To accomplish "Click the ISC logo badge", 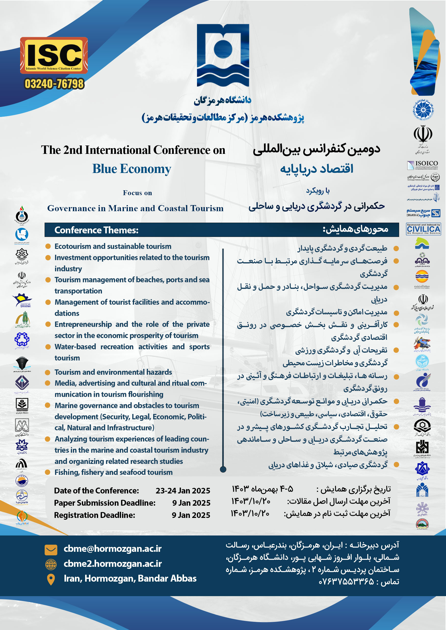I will pos(54,55).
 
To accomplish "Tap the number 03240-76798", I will pos(54,84).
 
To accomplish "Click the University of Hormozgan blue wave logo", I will pos(223,55).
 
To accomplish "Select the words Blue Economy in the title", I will pos(132,169).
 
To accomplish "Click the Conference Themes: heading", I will pos(96,230).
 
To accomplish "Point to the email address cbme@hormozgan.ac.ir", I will pos(113,548).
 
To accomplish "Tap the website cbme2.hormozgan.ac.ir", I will pos(113,563).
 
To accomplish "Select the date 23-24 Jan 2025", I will pos(183,491).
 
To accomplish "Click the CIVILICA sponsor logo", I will pos(423,229).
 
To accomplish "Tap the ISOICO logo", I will pos(423,165).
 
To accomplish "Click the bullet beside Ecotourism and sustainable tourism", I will pos(48,246).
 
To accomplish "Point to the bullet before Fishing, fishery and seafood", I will pos(48,472).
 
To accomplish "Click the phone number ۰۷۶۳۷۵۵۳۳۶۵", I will pos(346,581).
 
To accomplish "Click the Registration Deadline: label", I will pos(95,515).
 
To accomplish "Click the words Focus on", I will pos(137,193).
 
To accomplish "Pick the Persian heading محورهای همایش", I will pos(355,229).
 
